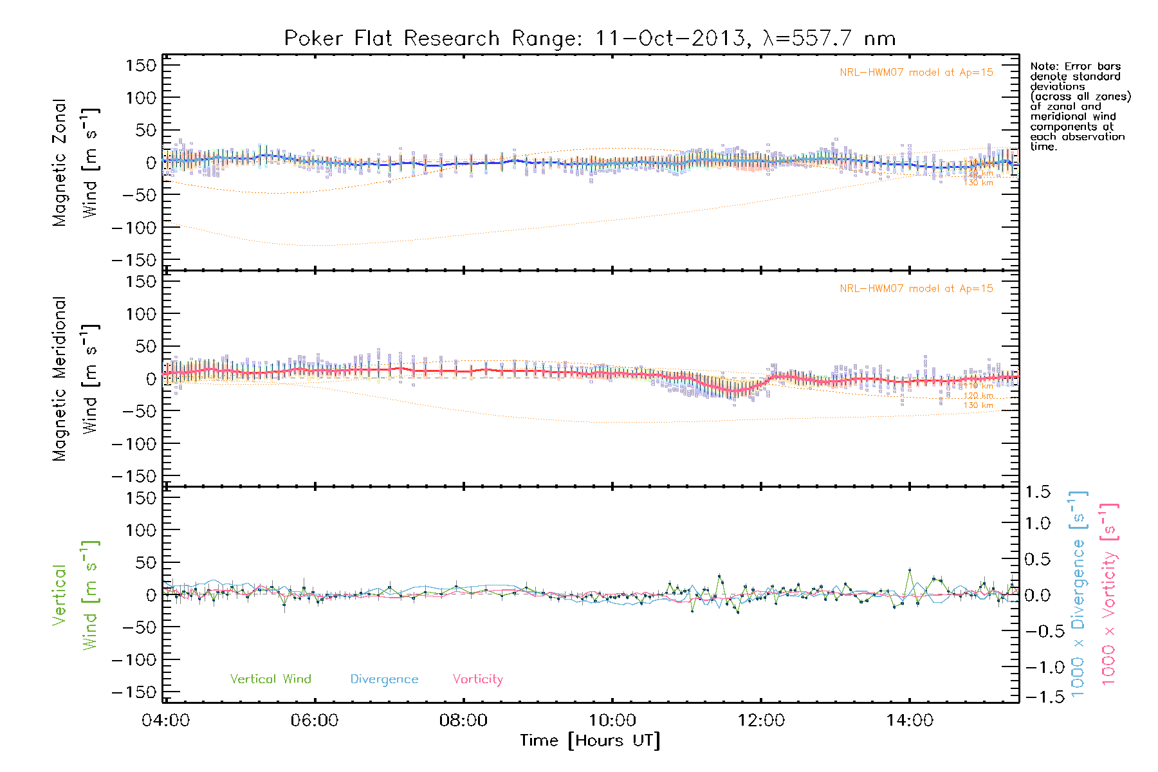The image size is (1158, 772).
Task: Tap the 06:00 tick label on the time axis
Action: tap(314, 721)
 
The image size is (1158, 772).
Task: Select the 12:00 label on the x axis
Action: tap(760, 721)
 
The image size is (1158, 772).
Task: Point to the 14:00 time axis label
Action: tap(909, 721)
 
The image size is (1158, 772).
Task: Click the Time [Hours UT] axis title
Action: tap(590, 740)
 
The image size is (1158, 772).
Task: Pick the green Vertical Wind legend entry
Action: tap(270, 679)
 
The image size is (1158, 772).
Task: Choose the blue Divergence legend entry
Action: tap(384, 679)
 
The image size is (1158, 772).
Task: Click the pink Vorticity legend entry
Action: tap(477, 679)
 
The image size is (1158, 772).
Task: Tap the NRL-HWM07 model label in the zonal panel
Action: tap(915, 73)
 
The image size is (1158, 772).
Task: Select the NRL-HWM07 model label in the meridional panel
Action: tap(915, 289)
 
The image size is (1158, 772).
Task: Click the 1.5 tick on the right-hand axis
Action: tap(1037, 492)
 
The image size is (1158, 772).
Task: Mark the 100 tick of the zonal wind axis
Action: tap(141, 98)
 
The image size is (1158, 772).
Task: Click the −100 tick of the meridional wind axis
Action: tap(134, 444)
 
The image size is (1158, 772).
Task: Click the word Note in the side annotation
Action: tap(1043, 66)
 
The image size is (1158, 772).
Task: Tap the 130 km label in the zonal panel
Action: tap(978, 183)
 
